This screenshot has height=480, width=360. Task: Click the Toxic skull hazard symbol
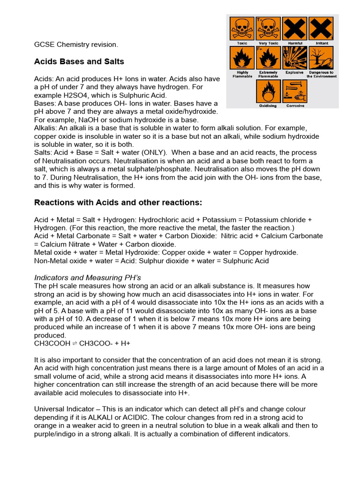coord(242,29)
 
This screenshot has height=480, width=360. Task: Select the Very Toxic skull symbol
coord(268,29)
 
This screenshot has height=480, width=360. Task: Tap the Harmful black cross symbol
coord(295,29)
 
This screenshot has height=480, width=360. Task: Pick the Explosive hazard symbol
coord(295,58)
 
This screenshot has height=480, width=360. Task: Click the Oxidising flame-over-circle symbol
coord(268,91)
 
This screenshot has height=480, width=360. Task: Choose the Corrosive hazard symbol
coord(295,91)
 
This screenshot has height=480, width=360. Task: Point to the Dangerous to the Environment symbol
coord(321,58)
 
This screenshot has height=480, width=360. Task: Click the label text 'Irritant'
coord(322,43)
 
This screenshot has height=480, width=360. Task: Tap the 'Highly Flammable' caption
coord(242,75)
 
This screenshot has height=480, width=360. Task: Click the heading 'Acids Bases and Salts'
coord(79,62)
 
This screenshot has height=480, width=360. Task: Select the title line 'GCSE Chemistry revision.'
coord(76,45)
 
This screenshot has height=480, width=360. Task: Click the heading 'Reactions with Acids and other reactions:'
coord(118,202)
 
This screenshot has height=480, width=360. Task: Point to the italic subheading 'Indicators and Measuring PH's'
coord(84,277)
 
